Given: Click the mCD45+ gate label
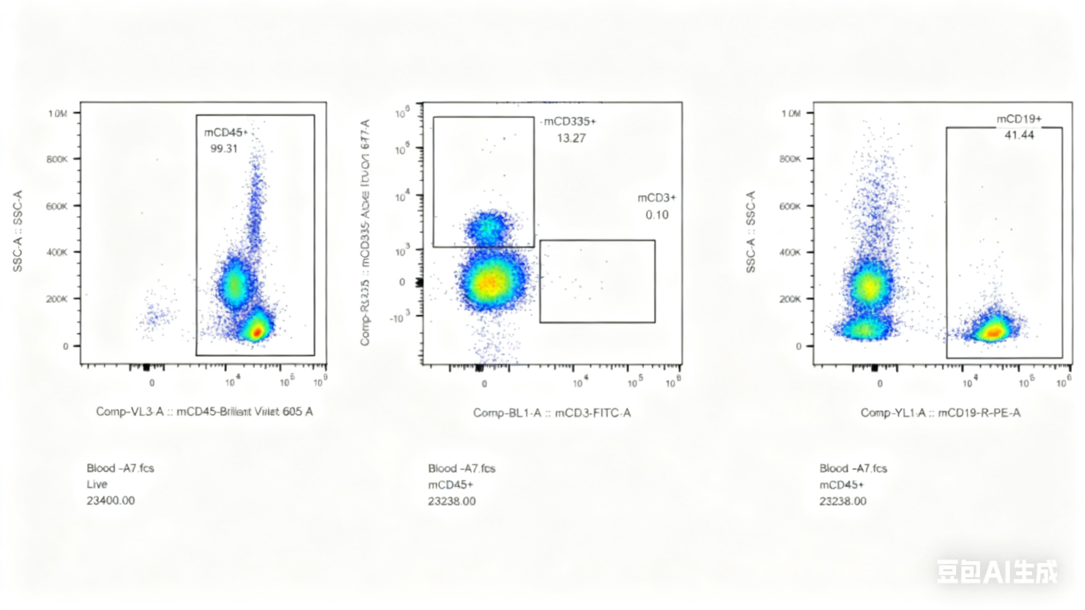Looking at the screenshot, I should [225, 133].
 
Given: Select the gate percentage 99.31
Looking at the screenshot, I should [224, 149].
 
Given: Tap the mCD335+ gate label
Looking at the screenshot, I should [570, 122].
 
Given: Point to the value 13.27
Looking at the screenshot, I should [571, 138].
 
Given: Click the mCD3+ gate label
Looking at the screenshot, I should [656, 198].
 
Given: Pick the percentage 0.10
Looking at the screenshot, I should [657, 215].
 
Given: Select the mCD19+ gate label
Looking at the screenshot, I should [1019, 119].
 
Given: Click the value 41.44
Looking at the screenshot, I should [1019, 135].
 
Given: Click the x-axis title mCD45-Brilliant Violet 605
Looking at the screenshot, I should [204, 412].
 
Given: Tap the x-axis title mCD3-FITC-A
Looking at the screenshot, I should [552, 413].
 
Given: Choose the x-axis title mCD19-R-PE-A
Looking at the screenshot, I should [940, 413].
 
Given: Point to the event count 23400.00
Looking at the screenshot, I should [111, 500].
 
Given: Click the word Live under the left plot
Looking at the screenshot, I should [97, 484].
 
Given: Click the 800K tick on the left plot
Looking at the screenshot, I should [57, 159].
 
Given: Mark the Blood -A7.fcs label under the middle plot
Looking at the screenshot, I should [462, 469].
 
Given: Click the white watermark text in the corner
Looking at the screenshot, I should [996, 572].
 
